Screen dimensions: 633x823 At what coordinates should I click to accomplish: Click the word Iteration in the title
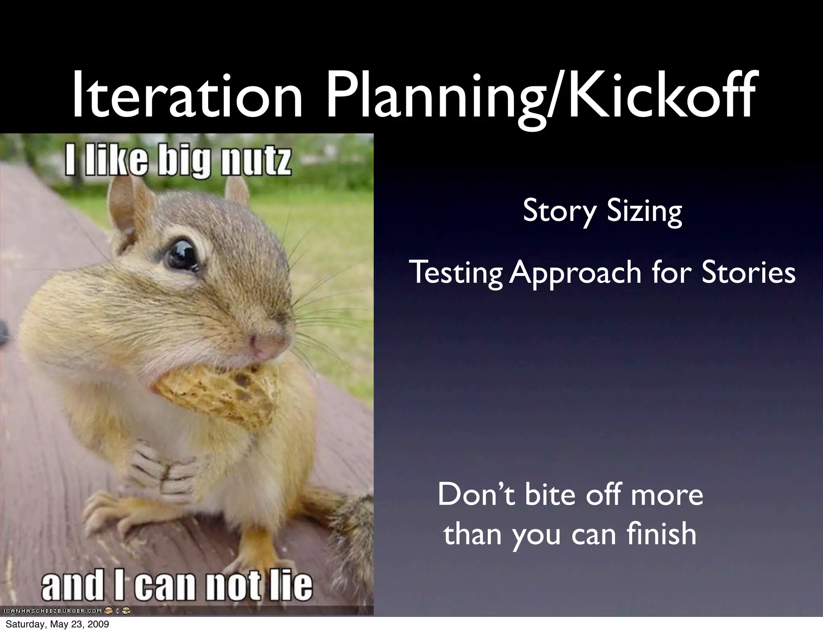coord(187,96)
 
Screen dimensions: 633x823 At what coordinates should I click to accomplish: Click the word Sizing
coord(644,212)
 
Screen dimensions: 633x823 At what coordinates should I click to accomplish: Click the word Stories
coord(749,272)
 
